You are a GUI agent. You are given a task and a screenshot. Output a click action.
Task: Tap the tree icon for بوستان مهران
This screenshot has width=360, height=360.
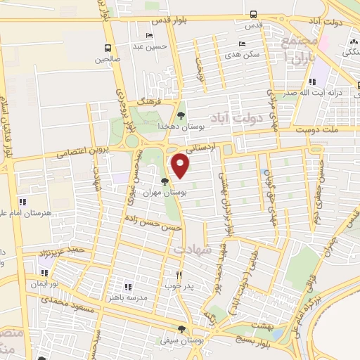(x=165, y=182)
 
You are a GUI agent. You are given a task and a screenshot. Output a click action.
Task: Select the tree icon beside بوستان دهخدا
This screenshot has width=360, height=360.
(x=181, y=115)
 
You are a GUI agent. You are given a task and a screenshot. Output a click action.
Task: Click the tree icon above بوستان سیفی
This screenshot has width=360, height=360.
(x=182, y=329)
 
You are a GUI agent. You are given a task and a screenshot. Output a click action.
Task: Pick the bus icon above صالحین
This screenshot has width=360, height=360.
(x=108, y=49)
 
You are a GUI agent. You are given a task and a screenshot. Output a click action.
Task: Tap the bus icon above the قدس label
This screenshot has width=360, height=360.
(x=253, y=13)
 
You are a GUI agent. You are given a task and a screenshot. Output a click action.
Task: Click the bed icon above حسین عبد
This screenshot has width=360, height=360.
(x=148, y=36)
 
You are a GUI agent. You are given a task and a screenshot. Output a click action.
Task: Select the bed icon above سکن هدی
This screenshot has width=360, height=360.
(x=242, y=43)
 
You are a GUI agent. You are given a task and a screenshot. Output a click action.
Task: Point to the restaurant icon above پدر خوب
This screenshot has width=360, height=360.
(x=179, y=275)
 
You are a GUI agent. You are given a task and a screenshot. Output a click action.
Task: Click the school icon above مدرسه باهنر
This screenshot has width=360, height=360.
(x=128, y=287)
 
